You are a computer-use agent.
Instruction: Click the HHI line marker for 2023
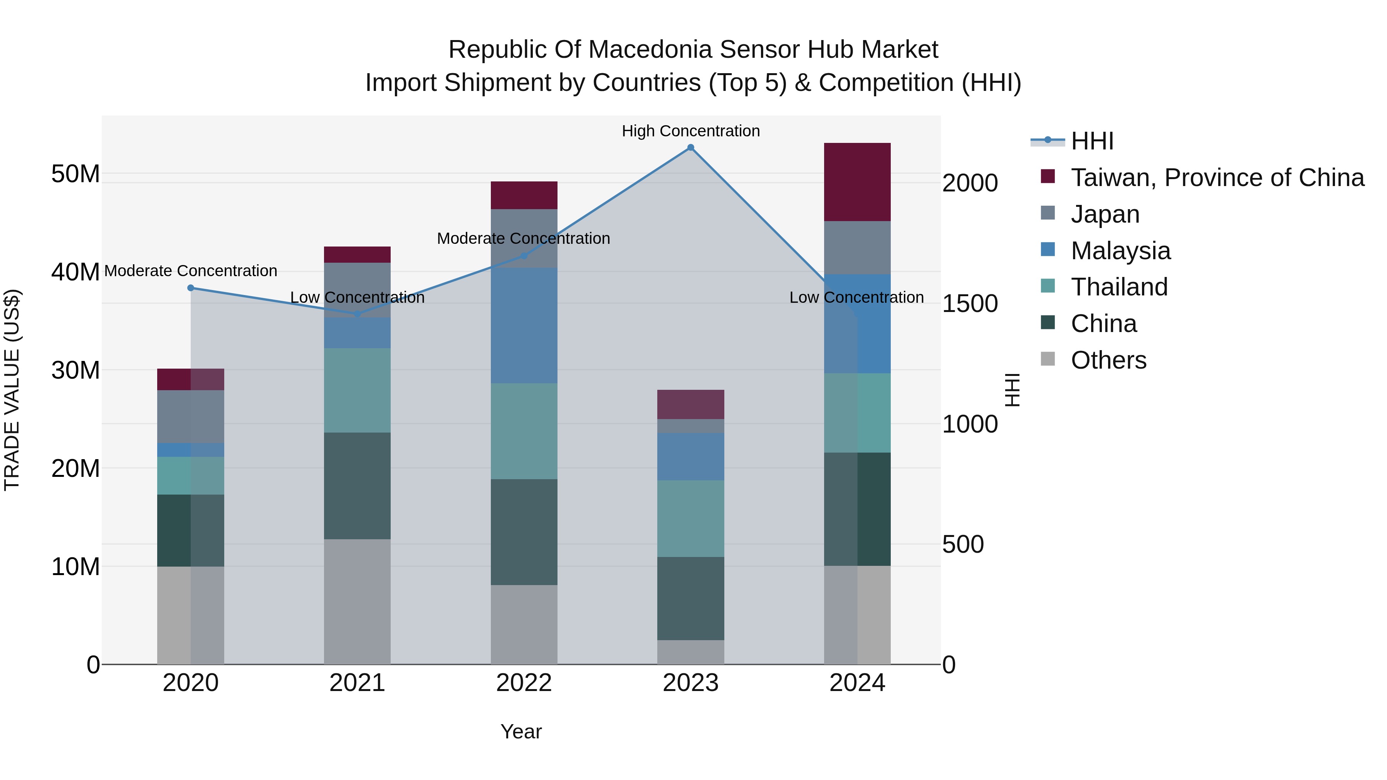[x=691, y=148]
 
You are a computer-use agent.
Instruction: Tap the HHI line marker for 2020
[x=191, y=288]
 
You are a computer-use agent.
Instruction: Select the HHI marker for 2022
[x=524, y=256]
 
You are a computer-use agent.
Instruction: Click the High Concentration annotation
[x=691, y=131]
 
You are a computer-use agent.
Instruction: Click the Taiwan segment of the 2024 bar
[x=857, y=182]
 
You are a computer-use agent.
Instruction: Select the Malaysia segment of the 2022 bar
[x=524, y=325]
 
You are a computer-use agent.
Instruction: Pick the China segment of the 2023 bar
[x=691, y=598]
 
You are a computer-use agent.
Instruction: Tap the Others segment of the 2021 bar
[x=357, y=601]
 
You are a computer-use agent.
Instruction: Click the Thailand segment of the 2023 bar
[x=691, y=518]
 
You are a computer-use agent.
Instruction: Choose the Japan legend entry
[x=1105, y=214]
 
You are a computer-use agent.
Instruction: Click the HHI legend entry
[x=1092, y=141]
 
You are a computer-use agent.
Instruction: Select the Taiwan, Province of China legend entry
[x=1217, y=178]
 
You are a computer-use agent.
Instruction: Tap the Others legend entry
[x=1108, y=360]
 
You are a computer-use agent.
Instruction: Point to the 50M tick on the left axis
[x=76, y=174]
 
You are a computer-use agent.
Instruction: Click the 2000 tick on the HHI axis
[x=970, y=183]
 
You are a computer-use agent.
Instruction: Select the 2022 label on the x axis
[x=524, y=683]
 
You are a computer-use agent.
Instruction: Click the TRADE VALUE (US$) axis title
[x=12, y=390]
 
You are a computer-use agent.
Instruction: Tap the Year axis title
[x=521, y=731]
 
